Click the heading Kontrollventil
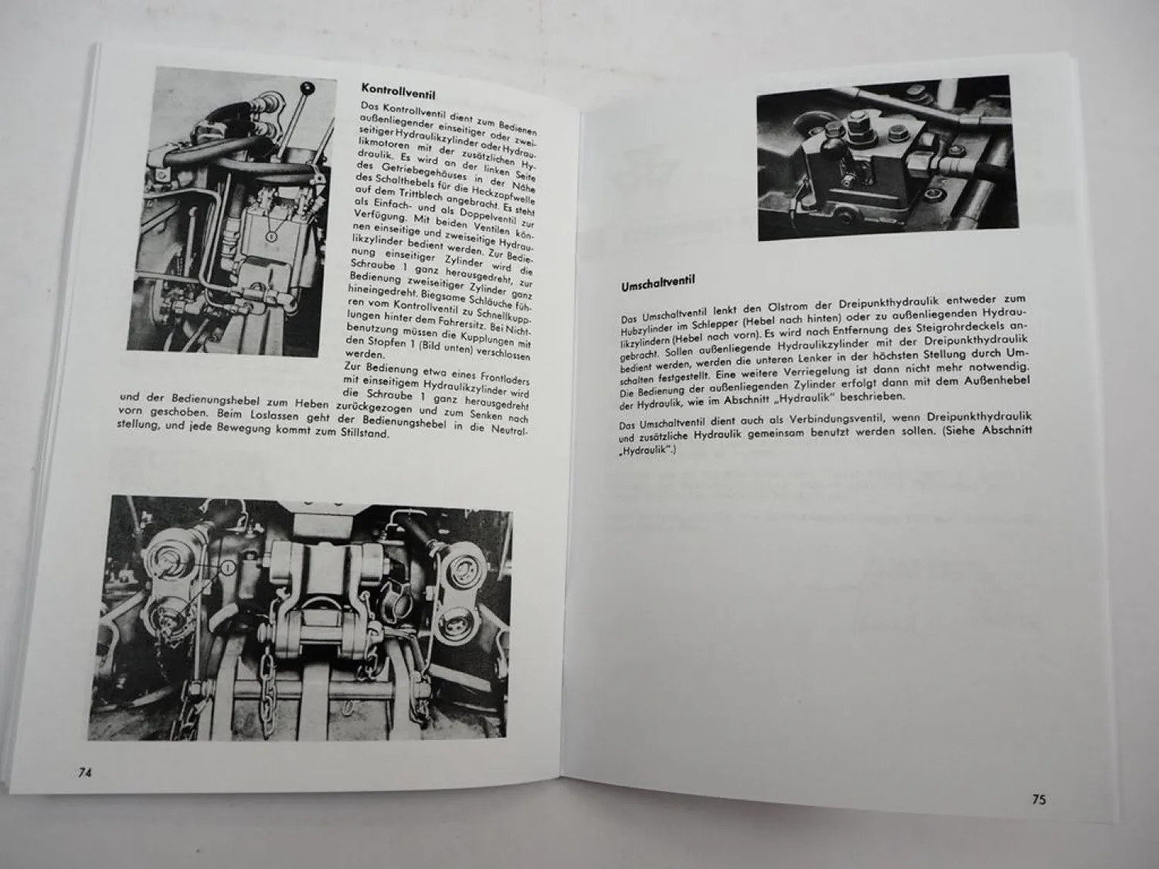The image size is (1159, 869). pyautogui.click(x=398, y=90)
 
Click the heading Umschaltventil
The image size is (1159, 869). pyautogui.click(x=658, y=283)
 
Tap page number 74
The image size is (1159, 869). pyautogui.click(x=84, y=772)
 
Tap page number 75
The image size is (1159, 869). pyautogui.click(x=1038, y=800)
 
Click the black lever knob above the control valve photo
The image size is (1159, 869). pyautogui.click(x=307, y=88)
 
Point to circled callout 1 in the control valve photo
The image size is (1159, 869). pyautogui.click(x=271, y=237)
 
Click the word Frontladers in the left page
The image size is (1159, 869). pyautogui.click(x=505, y=378)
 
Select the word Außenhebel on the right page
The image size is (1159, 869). pyautogui.click(x=1000, y=381)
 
